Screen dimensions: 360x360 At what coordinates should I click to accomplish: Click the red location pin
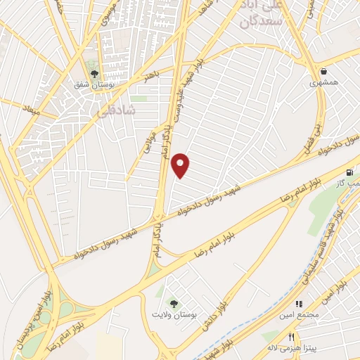coord(181,165)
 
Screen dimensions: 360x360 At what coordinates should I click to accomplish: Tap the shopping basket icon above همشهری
coord(323,70)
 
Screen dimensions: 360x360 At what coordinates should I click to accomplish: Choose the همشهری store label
coord(323,82)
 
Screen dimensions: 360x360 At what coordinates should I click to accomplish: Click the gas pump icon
coord(349,172)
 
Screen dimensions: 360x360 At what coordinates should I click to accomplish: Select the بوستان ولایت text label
coord(177,314)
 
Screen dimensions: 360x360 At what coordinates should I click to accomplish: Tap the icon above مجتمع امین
coord(299,304)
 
